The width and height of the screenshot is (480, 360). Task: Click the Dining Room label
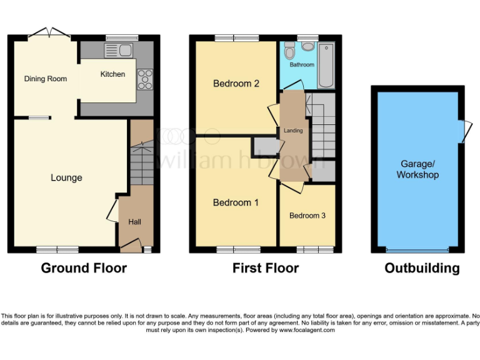(46, 79)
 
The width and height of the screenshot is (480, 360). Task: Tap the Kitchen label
(112, 74)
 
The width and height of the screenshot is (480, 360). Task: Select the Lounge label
(66, 178)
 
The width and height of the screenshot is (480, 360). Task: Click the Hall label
(135, 222)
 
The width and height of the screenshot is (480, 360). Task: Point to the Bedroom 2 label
(236, 84)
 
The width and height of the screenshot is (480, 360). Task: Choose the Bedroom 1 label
(236, 202)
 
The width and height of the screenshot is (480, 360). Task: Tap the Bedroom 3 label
(307, 216)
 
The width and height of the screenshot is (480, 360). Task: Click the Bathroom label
(301, 64)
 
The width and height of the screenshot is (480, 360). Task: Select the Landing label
(293, 131)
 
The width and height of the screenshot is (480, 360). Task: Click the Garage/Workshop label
(417, 169)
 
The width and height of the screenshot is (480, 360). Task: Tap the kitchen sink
(117, 50)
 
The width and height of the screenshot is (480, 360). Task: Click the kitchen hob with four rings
(145, 78)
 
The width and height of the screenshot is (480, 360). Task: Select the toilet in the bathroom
(288, 51)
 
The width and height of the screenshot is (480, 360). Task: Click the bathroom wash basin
(307, 46)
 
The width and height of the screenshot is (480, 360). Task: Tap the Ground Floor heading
(84, 268)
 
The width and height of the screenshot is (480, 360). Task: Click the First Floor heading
(266, 268)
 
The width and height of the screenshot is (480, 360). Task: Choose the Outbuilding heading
(422, 268)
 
